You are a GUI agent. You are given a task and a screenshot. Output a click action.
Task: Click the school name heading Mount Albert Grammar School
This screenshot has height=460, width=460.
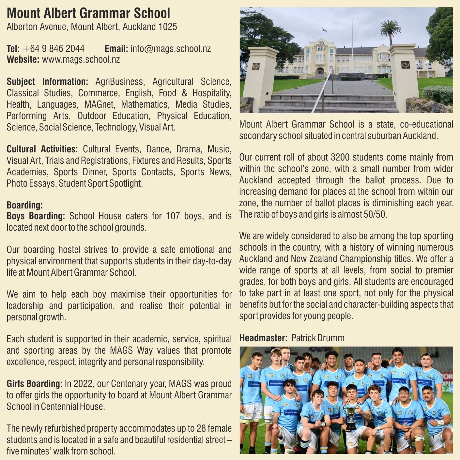pyautogui.click(x=88, y=13)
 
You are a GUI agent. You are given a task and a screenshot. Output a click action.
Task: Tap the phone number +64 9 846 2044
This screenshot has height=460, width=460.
pyautogui.click(x=54, y=49)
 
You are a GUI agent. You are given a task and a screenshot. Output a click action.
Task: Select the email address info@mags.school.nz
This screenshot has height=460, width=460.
pyautogui.click(x=171, y=49)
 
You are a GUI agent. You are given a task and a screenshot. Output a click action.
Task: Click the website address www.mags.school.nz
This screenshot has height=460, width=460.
pyautogui.click(x=81, y=59)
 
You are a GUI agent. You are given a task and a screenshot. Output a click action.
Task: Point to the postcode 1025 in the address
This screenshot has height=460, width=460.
pyautogui.click(x=168, y=27)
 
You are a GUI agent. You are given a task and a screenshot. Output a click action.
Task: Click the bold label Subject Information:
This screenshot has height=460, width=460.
pyautogui.click(x=47, y=82)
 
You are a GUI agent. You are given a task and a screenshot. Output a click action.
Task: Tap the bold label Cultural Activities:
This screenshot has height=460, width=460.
pyautogui.click(x=42, y=149)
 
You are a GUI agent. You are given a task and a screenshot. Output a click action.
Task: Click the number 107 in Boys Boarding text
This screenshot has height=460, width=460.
pyautogui.click(x=173, y=216)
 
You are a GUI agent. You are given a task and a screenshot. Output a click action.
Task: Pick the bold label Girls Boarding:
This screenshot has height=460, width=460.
pyautogui.click(x=34, y=384)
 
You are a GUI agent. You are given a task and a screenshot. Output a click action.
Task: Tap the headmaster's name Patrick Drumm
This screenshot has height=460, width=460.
pyautogui.click(x=318, y=338)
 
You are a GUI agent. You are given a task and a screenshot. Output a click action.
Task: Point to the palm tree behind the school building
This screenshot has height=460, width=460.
pyautogui.click(x=390, y=29)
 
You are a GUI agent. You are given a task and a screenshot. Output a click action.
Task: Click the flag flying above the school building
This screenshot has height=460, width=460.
pyautogui.click(x=324, y=30)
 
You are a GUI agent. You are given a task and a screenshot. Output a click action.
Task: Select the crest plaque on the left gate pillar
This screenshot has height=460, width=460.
pyautogui.click(x=256, y=66)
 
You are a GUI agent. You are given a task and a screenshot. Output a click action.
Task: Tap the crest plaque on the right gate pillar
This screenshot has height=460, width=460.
pyautogui.click(x=405, y=65)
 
